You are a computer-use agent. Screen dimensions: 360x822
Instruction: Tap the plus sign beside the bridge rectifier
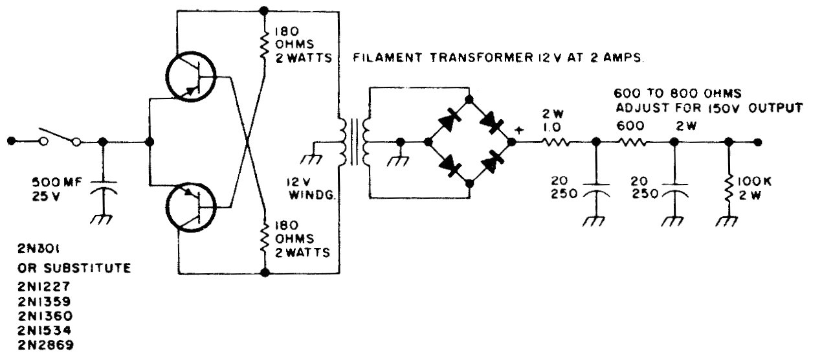[x=518, y=129]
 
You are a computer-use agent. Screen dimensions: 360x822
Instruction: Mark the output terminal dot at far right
[x=757, y=142]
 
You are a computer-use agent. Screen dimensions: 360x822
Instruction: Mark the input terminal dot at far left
[x=11, y=141]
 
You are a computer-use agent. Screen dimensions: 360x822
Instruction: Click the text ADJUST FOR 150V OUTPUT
[x=708, y=107]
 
